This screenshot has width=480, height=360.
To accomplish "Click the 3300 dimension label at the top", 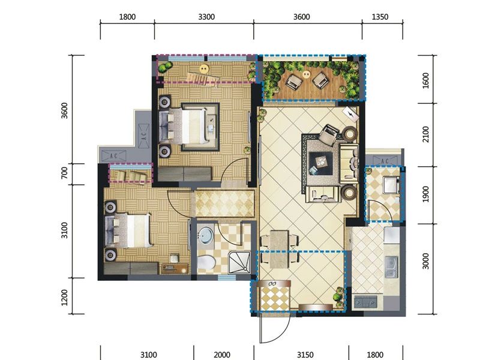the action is (206, 17).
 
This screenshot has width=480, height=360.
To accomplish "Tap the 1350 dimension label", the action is (380, 17).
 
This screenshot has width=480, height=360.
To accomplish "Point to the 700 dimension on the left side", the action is (64, 173).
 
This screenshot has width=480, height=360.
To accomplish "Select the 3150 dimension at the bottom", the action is (305, 355).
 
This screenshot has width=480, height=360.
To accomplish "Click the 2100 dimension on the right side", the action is (425, 134).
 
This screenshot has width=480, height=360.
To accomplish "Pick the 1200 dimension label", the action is (64, 297).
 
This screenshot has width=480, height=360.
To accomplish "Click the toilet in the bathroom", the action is (206, 263).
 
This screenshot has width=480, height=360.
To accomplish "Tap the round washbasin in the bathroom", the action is (205, 235).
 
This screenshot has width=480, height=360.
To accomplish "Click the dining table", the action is (279, 249).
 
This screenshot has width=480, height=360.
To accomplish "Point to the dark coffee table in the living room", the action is (320, 163).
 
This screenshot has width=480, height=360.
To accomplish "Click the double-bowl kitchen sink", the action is (391, 267).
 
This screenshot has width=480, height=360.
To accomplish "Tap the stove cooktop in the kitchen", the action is (365, 302).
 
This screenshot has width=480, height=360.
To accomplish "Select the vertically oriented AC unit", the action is (143, 136).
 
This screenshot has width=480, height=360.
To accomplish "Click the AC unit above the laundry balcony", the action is (385, 161).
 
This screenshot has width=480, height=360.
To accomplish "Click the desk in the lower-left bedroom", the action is (175, 268).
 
